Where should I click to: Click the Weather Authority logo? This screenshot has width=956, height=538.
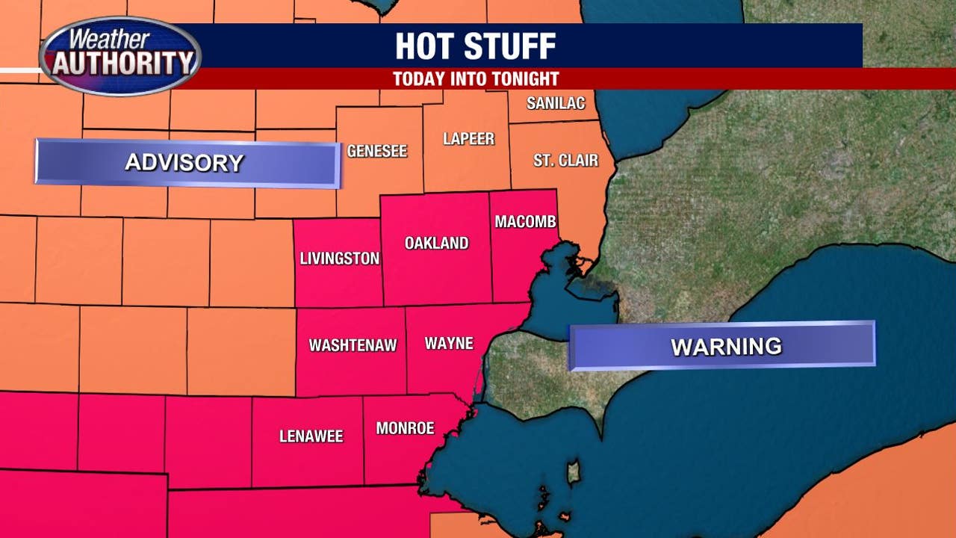point(120,56)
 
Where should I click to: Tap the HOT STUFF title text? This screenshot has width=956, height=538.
point(475,46)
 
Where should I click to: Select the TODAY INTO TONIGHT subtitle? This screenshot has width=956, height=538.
point(476,78)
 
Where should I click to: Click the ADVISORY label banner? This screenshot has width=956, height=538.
point(187,163)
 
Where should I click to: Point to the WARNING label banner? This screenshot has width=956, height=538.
point(722,346)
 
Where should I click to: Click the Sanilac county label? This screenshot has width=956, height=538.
point(556,103)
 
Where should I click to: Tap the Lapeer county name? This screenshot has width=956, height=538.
point(468,139)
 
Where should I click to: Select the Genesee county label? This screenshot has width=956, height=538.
point(377,151)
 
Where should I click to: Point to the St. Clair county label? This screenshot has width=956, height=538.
point(565,160)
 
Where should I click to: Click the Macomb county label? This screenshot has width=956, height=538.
point(525,222)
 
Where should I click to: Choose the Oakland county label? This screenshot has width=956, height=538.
point(436,243)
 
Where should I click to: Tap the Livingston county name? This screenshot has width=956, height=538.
point(340,259)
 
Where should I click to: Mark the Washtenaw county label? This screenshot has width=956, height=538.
point(353,345)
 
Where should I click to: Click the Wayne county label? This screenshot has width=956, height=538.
point(449,343)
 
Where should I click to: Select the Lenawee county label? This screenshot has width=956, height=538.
point(311,436)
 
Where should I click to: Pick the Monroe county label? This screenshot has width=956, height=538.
point(405,428)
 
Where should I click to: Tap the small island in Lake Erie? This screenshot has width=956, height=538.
point(573,473)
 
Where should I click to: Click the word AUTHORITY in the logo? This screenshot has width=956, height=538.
point(121,64)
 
